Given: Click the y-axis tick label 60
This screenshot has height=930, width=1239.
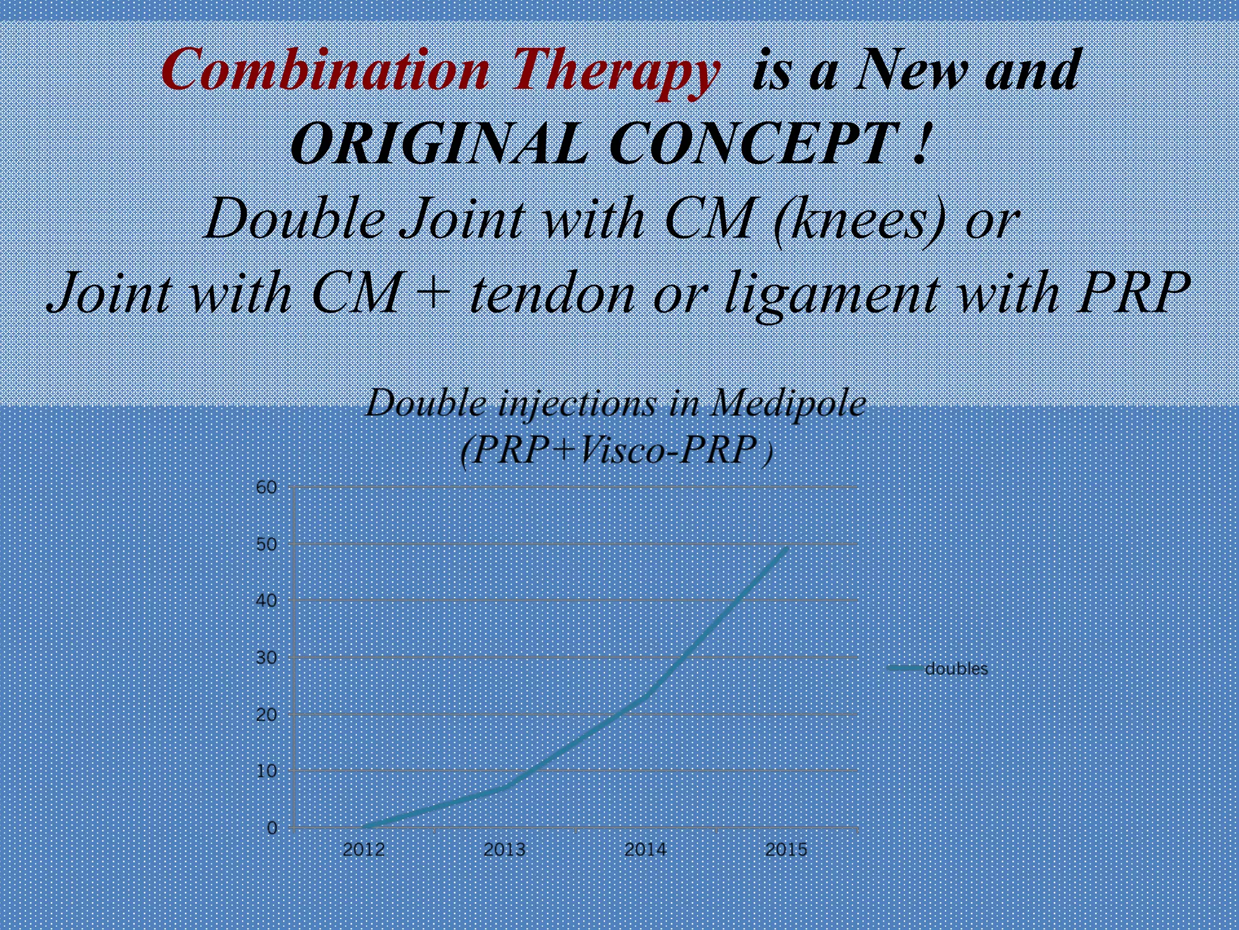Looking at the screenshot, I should (x=266, y=487).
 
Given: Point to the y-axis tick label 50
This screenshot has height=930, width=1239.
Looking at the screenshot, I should (x=266, y=544).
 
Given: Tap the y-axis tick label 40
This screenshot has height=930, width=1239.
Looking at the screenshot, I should (x=266, y=601).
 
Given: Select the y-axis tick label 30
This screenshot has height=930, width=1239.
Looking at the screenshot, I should (x=266, y=658).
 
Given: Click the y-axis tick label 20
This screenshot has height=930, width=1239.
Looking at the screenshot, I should (x=266, y=714).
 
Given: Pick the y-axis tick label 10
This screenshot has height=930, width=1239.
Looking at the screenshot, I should (x=266, y=771).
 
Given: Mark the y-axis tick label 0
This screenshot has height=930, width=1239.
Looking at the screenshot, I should (x=272, y=828).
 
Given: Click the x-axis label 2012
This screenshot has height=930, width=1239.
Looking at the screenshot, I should (x=364, y=849).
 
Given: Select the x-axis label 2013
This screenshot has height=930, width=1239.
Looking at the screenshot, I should (x=505, y=849).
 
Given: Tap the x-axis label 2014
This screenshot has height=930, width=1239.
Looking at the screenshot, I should (x=646, y=849).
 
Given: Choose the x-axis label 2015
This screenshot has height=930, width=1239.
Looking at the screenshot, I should (x=786, y=849).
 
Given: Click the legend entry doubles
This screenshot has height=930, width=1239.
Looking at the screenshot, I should (x=956, y=669).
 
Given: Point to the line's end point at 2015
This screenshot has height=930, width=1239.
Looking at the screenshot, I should (x=786, y=549).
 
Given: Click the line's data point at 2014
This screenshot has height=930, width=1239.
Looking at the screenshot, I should (x=646, y=696).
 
